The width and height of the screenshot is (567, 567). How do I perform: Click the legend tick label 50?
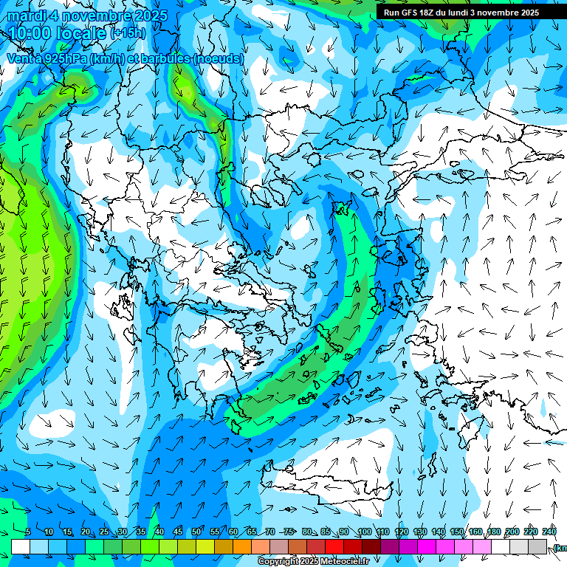pyautogui.click(x=196, y=532)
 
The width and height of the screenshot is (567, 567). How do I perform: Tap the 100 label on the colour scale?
pyautogui.click(x=364, y=532)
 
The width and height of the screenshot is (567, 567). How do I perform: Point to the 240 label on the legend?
pyautogui.click(x=549, y=532)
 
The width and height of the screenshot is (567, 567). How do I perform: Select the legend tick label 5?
pyautogui.click(x=27, y=532)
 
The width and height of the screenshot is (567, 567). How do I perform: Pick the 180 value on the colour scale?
pyautogui.click(x=492, y=532)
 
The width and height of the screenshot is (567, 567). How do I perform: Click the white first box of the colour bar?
pyautogui.click(x=20, y=546)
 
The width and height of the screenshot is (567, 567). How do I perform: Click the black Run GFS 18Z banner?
pyautogui.click(x=461, y=13)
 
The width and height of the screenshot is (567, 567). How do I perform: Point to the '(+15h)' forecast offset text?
pyautogui.click(x=127, y=33)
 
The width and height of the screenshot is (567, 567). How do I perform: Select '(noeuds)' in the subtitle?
pyautogui.click(x=217, y=58)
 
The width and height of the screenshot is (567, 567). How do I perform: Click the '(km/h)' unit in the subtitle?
pyautogui.click(x=118, y=58)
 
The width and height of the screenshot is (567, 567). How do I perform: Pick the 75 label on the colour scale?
pyautogui.click(x=289, y=532)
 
